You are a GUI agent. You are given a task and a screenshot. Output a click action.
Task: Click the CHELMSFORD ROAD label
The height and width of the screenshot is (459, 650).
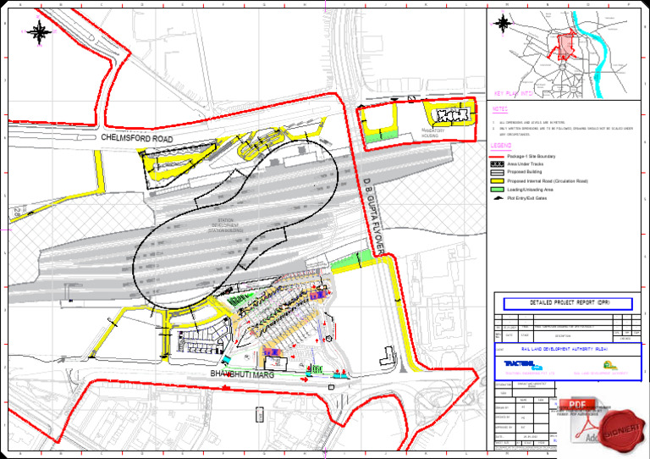[137, 137]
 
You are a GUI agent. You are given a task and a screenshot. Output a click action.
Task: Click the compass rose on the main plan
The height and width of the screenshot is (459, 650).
[39, 33]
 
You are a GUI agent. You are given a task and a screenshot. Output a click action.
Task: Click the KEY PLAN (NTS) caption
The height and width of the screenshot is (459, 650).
[512, 94]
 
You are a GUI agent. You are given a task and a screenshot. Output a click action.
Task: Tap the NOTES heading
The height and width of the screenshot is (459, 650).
[500, 109]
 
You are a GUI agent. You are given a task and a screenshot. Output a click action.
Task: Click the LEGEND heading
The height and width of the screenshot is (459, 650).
[501, 146]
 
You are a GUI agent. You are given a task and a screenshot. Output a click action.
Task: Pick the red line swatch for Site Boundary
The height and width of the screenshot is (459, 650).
[498, 157]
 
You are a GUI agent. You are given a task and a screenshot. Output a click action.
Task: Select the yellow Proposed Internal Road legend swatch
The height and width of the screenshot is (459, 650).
[498, 181]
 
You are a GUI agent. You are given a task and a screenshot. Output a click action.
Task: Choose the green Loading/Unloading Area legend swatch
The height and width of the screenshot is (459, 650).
[498, 190]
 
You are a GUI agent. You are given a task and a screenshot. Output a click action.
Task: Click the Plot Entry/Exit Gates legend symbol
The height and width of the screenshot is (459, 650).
[498, 198]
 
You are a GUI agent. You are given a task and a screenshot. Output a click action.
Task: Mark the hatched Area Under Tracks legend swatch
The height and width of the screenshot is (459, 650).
[498, 164]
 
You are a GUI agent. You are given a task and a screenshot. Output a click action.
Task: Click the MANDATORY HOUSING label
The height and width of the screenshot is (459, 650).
[432, 133]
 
